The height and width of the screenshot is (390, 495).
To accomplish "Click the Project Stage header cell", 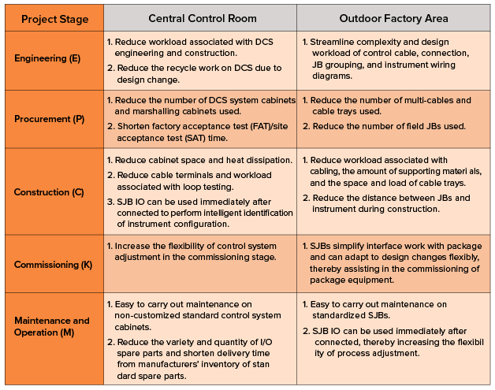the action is [x=54, y=19].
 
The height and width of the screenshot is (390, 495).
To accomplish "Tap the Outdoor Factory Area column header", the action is [x=393, y=18].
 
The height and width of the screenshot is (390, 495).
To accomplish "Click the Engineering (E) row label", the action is [x=47, y=58].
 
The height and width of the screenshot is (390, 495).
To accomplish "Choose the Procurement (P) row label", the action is [x=49, y=119].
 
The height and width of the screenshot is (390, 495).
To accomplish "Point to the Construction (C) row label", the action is [x=49, y=192].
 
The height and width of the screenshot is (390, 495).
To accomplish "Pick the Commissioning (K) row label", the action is [x=53, y=265].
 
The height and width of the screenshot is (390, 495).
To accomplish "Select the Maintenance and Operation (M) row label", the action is [x=52, y=327].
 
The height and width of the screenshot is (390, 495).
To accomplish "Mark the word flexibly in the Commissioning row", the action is [x=464, y=258].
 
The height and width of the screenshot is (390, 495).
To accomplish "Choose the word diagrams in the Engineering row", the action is [x=332, y=76].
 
